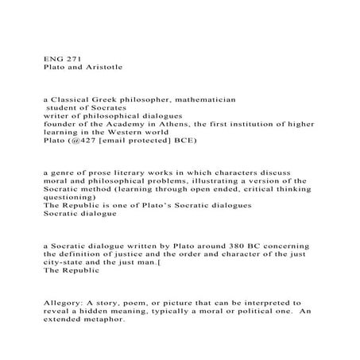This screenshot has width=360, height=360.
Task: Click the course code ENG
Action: (x=52, y=57)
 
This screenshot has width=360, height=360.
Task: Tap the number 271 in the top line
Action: (x=73, y=57)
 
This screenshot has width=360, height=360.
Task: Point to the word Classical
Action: (x=76, y=103)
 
